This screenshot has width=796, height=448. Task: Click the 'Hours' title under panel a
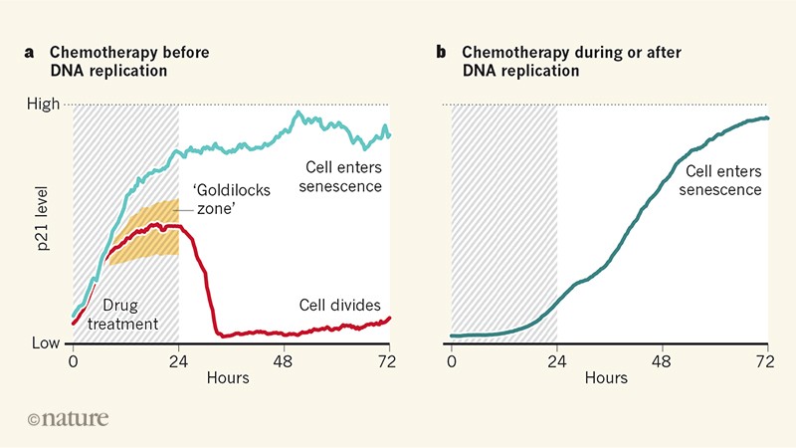(228, 378)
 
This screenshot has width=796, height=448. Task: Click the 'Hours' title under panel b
(607, 378)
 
